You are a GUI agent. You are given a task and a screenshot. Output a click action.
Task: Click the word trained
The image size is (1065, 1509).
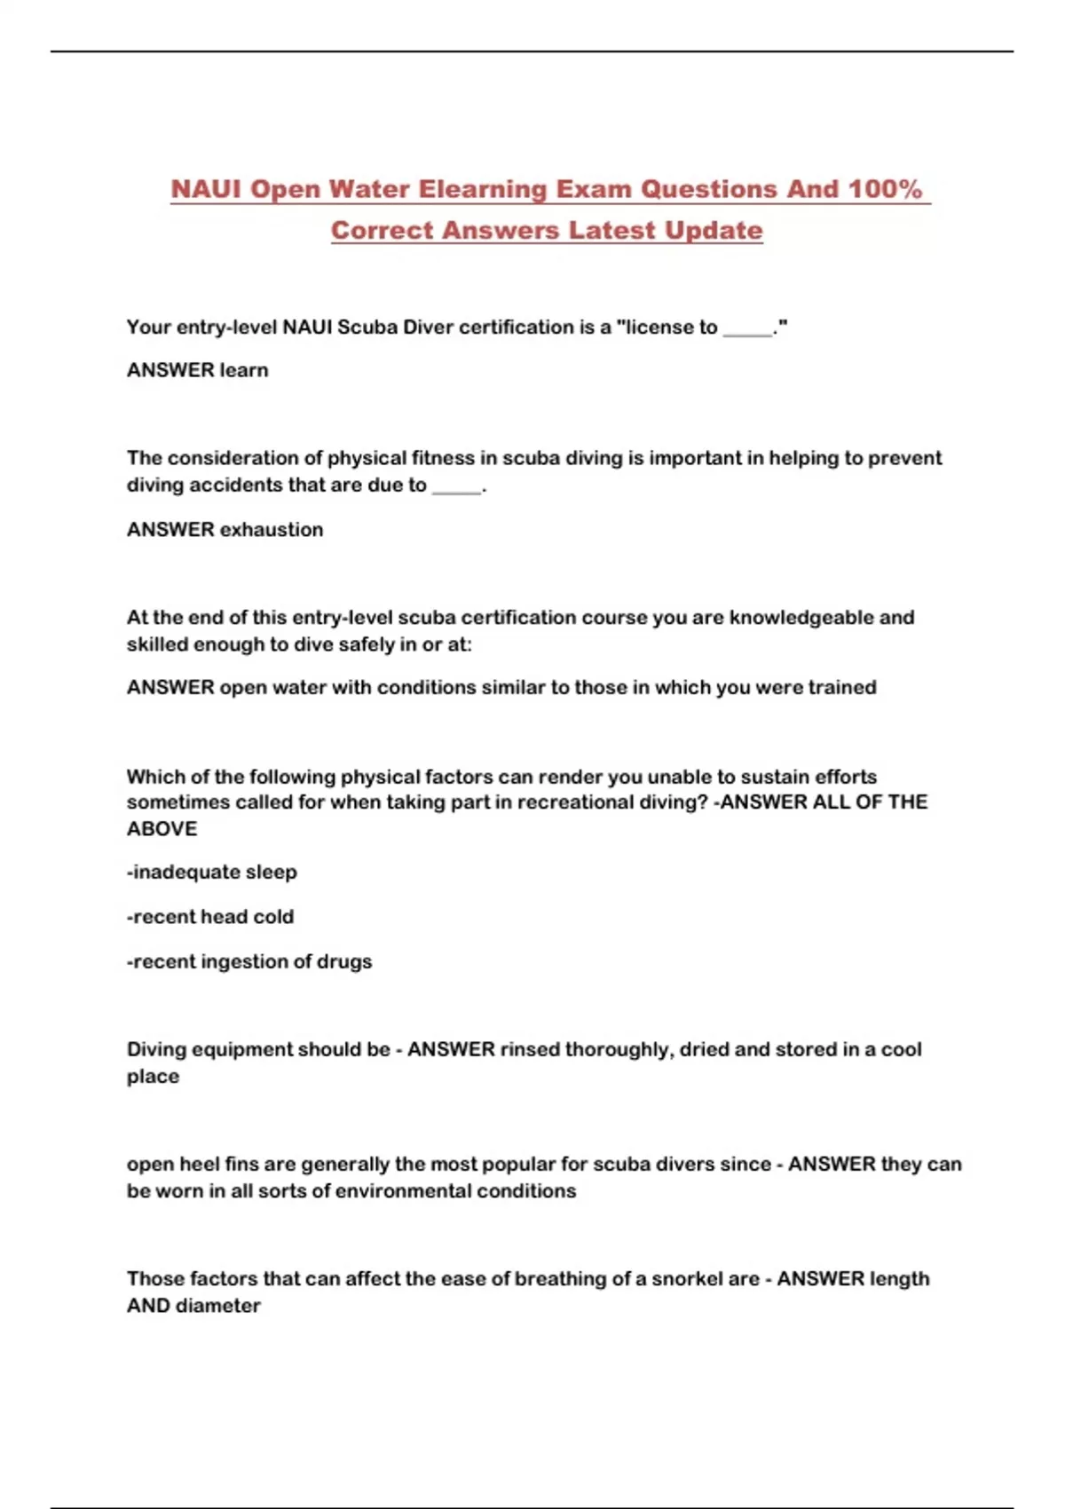tap(842, 688)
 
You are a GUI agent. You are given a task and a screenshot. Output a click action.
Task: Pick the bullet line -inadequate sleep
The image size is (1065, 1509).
tap(212, 873)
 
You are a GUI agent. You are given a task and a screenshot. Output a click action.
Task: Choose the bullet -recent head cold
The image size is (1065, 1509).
tap(210, 917)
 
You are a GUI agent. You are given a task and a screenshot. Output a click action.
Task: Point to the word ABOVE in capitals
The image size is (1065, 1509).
tap(162, 829)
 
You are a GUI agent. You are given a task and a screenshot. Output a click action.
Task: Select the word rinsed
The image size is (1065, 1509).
tap(530, 1049)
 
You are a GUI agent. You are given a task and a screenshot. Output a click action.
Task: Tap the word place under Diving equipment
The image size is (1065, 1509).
tap(153, 1077)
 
